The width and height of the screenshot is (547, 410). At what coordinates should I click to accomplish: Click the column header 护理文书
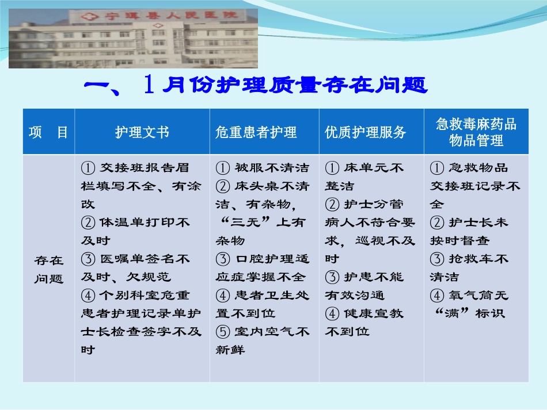pos(142,132)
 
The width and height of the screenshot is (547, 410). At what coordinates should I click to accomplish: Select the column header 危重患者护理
pos(256,132)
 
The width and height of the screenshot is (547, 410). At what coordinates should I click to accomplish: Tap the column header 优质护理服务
pos(366,132)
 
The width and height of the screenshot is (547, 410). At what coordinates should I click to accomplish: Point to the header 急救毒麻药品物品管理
pos(476,132)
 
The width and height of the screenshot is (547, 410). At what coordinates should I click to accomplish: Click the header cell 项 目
pos(48,132)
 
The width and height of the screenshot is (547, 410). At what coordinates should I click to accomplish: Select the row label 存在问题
pos(48,269)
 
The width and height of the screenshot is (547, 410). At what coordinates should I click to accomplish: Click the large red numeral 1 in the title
pos(149,85)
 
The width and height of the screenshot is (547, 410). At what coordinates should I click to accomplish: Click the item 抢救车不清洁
pos(469,267)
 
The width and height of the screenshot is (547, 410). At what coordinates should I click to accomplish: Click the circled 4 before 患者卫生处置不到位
pos(223,296)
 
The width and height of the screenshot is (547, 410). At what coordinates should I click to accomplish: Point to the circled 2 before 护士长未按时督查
pos(438,223)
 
